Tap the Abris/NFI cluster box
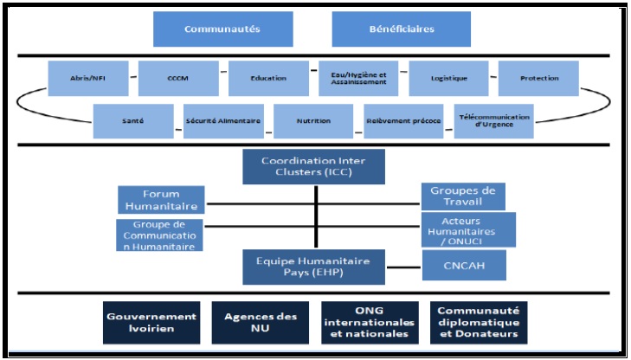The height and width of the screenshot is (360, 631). pos(90,78)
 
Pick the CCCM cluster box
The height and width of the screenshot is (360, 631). pos(179,78)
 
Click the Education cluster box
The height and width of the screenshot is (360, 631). pos(269,78)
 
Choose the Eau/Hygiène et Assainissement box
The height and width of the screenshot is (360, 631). pos(358,78)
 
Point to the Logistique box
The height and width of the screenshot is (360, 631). pos(449,78)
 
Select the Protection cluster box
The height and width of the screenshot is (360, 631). pos(539,78)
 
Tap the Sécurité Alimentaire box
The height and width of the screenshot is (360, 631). pos(223,121)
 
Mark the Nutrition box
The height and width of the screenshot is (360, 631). pos(313,121)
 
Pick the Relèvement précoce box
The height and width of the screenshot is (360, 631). pos(403,121)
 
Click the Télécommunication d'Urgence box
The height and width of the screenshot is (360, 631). pos(493,121)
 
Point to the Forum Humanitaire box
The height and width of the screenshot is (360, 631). pos(161,200)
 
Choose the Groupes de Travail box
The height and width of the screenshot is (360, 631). pos(464,196)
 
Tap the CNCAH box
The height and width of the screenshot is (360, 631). pos(464,265)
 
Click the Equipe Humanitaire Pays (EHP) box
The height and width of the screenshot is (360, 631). pos(313,266)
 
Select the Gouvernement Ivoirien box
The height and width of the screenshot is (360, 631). pos(151,323)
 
